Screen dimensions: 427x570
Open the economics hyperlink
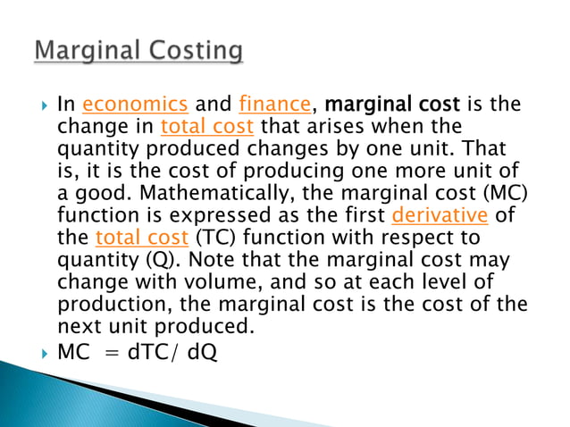tap(135, 105)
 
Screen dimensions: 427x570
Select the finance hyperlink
tap(272, 105)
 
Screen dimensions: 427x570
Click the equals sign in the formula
tap(112, 354)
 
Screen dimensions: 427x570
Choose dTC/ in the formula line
tap(154, 354)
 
